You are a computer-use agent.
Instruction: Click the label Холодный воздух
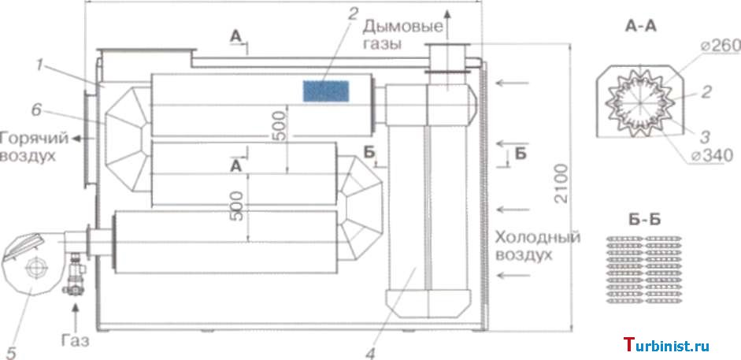(x=538, y=245)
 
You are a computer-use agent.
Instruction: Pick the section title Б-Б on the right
(x=642, y=220)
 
